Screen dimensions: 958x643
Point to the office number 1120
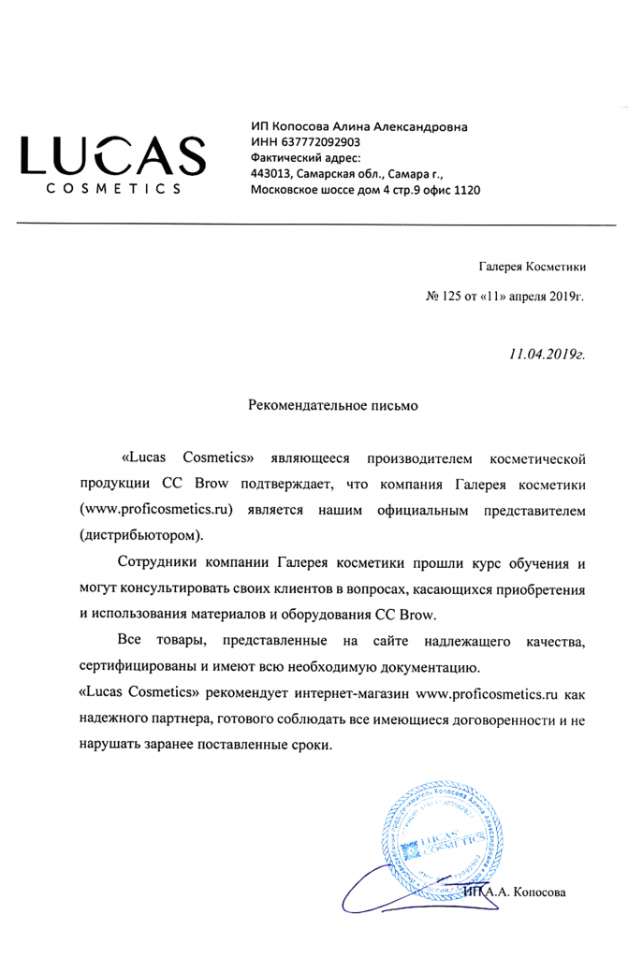pyautogui.click(x=464, y=189)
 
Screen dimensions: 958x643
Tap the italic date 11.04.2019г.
pyautogui.click(x=547, y=356)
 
